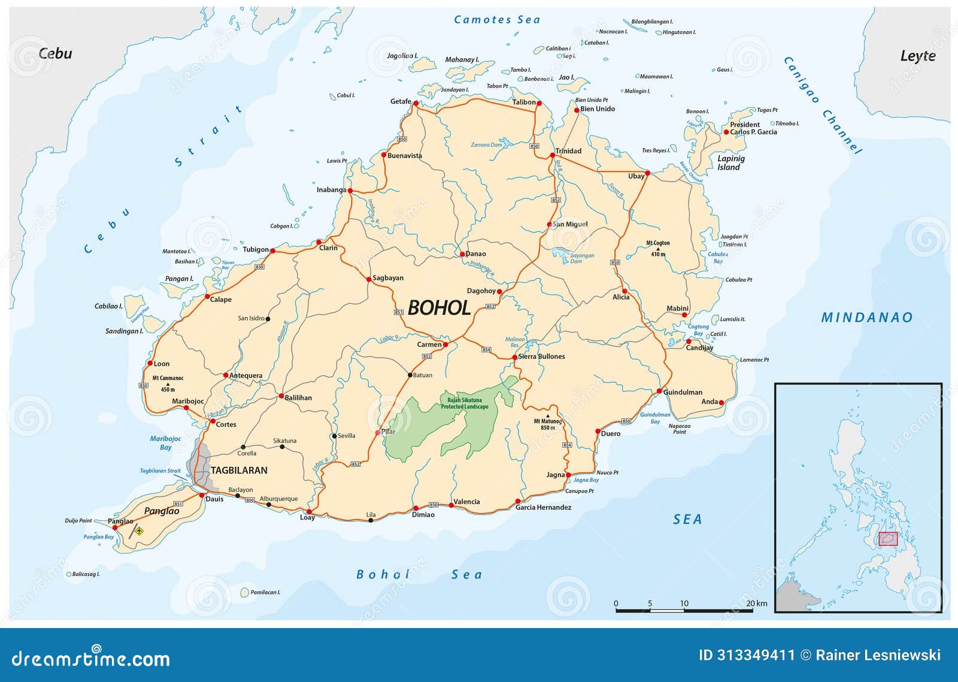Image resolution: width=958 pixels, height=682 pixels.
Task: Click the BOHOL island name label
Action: click(439, 308)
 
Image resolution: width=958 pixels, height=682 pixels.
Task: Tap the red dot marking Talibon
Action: click(538, 103)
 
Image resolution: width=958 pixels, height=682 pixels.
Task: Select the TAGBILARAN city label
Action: click(239, 470)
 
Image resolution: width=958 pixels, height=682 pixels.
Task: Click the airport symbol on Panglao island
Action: click(140, 530)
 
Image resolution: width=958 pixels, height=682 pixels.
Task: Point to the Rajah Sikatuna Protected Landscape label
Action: click(465, 403)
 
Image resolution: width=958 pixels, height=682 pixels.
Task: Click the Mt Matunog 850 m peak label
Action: click(547, 424)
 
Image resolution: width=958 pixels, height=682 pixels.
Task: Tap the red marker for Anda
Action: click(721, 403)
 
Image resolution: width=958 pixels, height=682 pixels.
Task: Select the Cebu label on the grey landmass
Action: click(55, 53)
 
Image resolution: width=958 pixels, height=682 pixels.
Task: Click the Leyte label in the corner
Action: click(917, 56)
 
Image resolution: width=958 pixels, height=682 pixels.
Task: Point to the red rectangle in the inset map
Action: click(889, 539)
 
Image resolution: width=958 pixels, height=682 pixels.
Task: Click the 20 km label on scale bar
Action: click(757, 603)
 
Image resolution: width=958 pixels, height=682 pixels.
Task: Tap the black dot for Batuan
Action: click(410, 375)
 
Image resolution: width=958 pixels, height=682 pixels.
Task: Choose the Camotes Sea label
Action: click(496, 20)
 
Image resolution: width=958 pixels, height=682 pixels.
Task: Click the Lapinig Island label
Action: click(730, 162)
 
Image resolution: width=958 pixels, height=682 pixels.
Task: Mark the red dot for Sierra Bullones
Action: click(514, 357)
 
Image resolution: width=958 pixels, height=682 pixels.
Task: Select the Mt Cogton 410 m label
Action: click(658, 248)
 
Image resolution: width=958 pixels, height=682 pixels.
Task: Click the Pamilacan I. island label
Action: click(265, 592)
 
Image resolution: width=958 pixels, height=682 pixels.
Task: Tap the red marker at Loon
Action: click(150, 363)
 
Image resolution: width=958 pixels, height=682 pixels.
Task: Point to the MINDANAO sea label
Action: click(866, 318)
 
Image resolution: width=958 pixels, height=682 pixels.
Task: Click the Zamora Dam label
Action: click(486, 145)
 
